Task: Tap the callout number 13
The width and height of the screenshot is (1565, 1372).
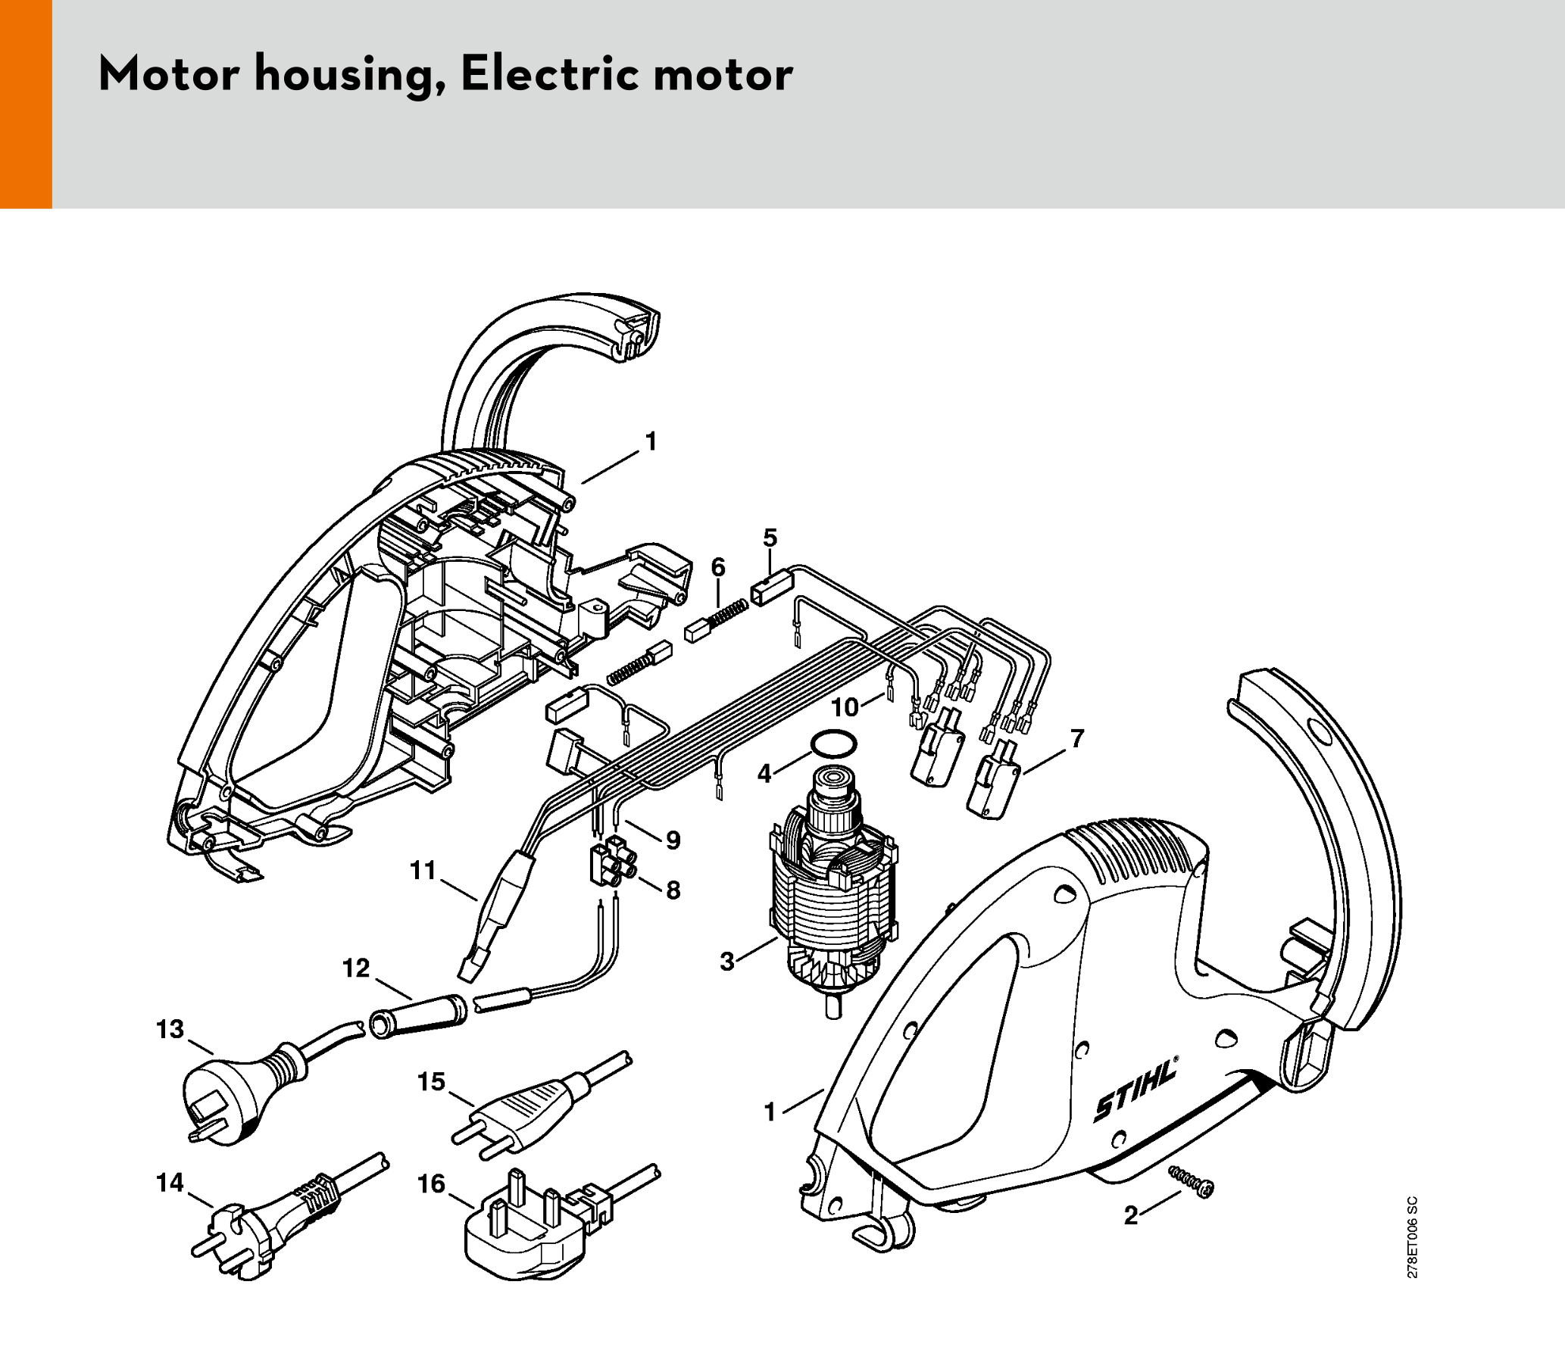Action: pyautogui.click(x=170, y=1029)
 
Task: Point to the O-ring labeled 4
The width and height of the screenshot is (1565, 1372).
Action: pyautogui.click(x=833, y=743)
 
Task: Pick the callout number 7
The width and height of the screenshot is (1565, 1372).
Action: pyautogui.click(x=1077, y=738)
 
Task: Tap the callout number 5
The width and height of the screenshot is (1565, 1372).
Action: pyautogui.click(x=770, y=538)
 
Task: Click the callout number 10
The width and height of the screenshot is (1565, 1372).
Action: pyautogui.click(x=845, y=707)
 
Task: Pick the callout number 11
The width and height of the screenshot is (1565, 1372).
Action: pyautogui.click(x=423, y=870)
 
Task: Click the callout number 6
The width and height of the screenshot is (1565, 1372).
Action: pyautogui.click(x=717, y=567)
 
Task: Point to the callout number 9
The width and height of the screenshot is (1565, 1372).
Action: pyautogui.click(x=673, y=840)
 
